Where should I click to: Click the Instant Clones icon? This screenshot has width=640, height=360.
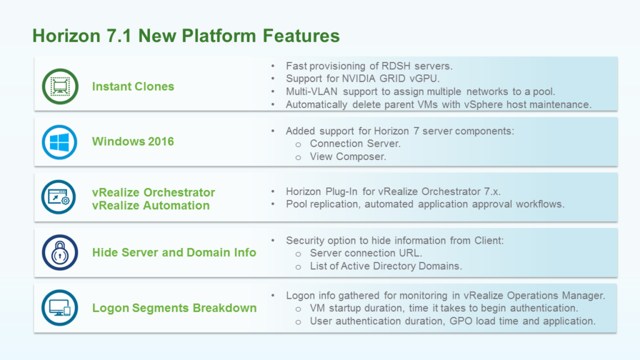pos(60,86)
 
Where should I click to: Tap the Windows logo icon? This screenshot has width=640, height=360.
pos(59,142)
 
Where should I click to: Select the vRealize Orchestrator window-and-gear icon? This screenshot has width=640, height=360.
pos(59,197)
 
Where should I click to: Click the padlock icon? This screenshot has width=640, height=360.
pos(59,252)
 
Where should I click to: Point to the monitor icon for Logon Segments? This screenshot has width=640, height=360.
pos(59,307)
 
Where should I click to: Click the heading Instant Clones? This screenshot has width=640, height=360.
pos(133,86)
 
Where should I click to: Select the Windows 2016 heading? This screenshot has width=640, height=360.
pos(133,142)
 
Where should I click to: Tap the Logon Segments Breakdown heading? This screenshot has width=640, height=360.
pos(174,307)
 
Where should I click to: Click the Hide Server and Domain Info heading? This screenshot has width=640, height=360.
pos(174,252)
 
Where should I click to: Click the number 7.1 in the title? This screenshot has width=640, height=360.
pos(118,36)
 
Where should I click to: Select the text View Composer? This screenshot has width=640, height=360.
pos(347,157)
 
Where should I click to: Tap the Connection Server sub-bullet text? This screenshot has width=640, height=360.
pos(355,144)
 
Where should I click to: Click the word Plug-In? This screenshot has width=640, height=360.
pos(342,191)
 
